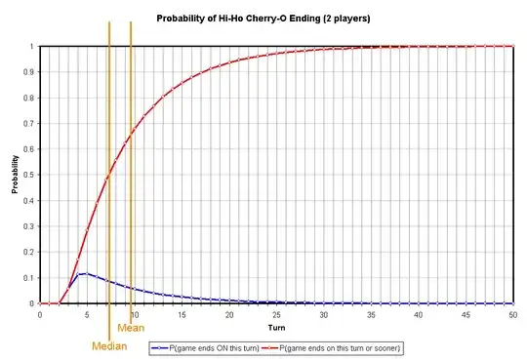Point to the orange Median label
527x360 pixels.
(x=109, y=346)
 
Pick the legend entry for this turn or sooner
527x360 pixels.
(x=341, y=346)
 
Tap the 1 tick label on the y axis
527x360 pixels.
(x=32, y=46)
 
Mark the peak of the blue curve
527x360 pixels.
(x=87, y=273)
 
